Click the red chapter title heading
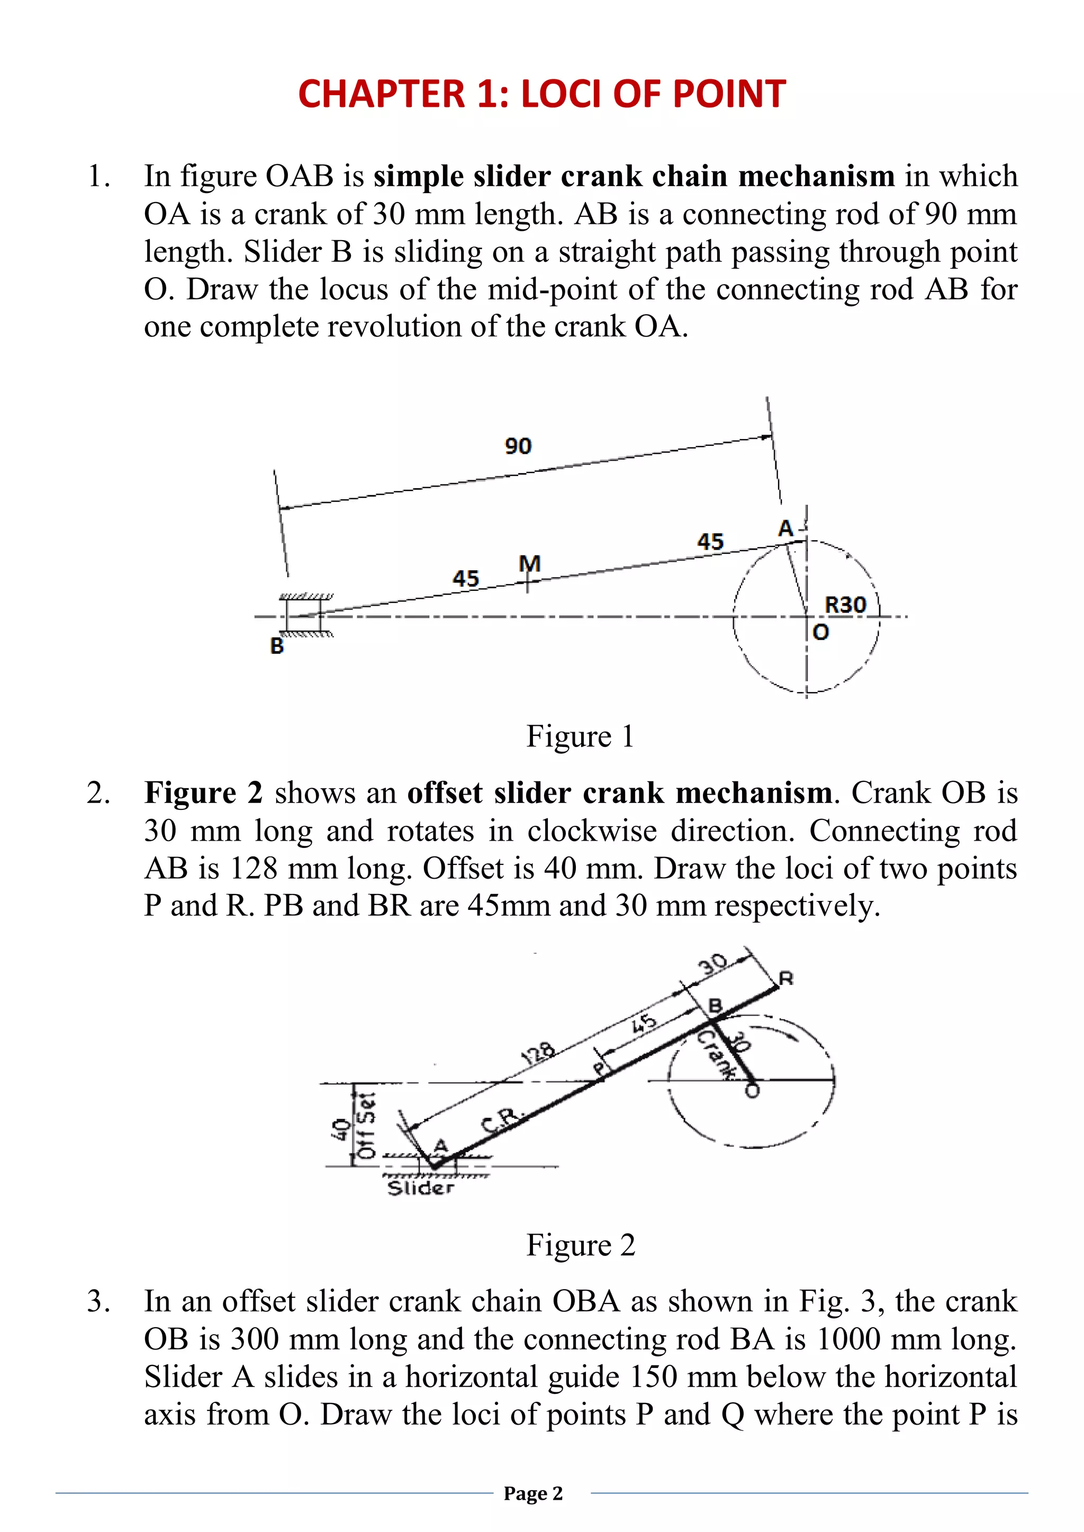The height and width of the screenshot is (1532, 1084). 541,94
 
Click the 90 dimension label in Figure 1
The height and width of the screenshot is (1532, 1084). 518,446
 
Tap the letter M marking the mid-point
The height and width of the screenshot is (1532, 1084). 529,564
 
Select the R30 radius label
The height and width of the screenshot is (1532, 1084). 845,605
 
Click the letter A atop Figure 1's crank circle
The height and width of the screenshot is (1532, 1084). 785,528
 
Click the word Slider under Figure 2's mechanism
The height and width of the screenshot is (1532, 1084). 420,1188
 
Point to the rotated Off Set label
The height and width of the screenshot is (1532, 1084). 366,1126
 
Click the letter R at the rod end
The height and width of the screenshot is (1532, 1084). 787,979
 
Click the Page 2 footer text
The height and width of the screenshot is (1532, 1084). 534,1493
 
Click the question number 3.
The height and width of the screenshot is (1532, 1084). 98,1301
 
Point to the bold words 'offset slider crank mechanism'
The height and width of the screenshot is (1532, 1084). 619,792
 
